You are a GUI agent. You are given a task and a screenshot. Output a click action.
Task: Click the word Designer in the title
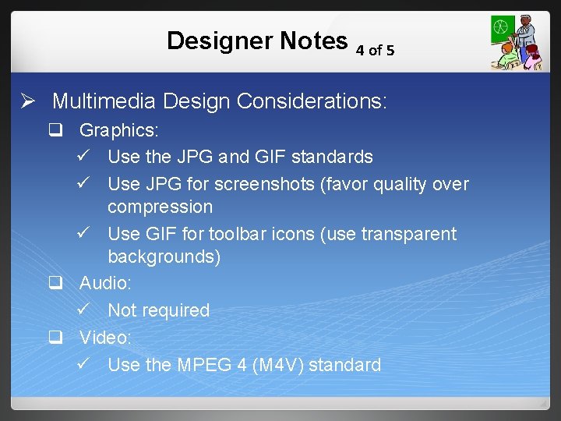coord(213,41)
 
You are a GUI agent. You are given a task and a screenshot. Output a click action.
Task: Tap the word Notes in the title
coord(310,41)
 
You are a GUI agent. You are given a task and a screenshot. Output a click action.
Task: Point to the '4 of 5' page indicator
coord(375,51)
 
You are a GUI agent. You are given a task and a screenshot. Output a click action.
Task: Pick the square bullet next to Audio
coord(55,283)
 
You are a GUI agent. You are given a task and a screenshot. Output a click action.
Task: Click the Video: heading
coord(105,338)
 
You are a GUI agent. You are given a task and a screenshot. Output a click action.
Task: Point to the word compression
coord(160,207)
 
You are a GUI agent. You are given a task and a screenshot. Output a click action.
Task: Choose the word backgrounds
coord(164,256)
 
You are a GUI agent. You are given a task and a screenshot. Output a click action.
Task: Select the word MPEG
coord(206,364)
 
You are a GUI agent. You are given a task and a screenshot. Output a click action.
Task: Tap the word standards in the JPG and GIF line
coord(332,157)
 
